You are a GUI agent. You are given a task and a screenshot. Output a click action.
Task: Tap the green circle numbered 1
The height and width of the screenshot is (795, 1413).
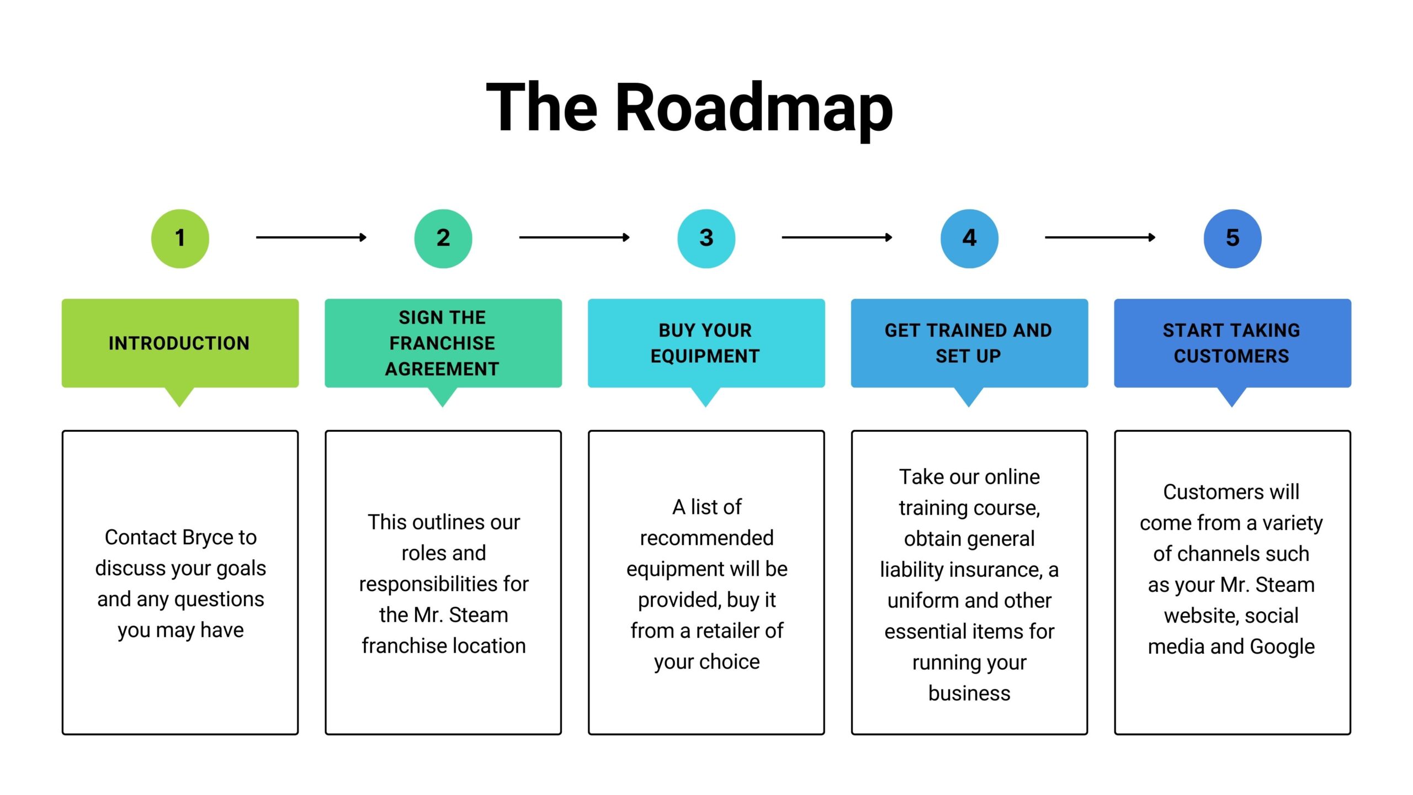tap(180, 239)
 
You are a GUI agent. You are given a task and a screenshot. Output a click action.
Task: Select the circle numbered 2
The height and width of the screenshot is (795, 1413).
tap(443, 239)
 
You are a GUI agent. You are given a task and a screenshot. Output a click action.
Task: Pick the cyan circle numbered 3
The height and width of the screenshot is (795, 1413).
tap(706, 239)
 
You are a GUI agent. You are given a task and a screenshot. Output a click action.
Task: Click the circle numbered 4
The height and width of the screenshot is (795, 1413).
tap(969, 239)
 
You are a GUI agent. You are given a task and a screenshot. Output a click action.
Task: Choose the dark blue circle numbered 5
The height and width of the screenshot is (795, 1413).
tap(1233, 239)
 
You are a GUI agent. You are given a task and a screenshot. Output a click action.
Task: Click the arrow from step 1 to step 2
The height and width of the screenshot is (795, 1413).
tap(311, 237)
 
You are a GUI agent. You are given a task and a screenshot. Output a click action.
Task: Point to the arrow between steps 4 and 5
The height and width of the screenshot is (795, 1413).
tap(1101, 237)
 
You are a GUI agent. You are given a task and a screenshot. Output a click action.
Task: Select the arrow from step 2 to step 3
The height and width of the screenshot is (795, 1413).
tap(575, 237)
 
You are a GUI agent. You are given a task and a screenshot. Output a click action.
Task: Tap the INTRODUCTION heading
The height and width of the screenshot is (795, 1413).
tap(179, 343)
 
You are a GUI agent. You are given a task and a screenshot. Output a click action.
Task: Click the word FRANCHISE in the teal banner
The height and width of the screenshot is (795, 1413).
tap(442, 343)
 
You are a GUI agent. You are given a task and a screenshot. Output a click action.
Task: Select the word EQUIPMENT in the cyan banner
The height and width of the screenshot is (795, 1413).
tap(705, 356)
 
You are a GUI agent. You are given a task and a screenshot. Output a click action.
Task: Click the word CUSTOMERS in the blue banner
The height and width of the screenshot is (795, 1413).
tap(1231, 356)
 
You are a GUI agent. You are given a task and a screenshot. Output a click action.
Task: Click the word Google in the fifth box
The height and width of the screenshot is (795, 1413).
tap(1282, 647)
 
